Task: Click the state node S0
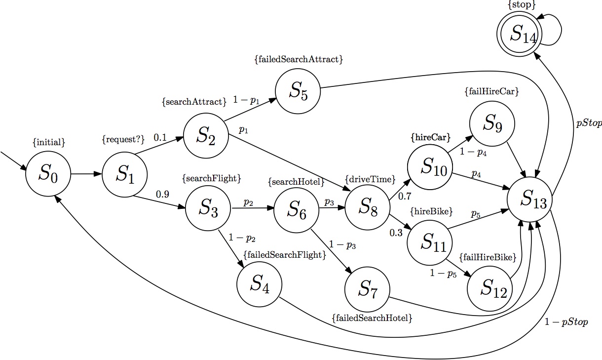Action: coord(48,173)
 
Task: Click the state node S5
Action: coord(298,90)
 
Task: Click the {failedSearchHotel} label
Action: coord(372,319)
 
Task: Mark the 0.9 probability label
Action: coord(162,194)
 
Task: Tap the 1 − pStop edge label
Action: coord(566,322)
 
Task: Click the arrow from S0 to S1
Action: coord(86,174)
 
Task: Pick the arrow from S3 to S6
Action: coord(252,208)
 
